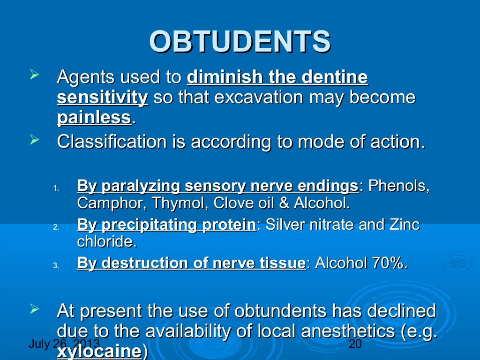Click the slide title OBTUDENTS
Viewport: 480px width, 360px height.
pos(240,42)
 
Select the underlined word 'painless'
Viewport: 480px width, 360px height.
pos(94,118)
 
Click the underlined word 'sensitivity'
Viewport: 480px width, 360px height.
pos(102,97)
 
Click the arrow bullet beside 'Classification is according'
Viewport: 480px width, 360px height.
pos(33,139)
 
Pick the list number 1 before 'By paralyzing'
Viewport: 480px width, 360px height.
pos(55,189)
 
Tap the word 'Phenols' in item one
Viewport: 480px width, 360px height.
pos(398,186)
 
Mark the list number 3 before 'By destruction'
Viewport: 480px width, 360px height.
pos(55,266)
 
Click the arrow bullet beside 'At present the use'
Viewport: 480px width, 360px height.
pos(33,308)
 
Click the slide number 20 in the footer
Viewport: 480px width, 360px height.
pos(356,345)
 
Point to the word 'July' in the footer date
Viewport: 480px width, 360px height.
pos(38,345)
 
